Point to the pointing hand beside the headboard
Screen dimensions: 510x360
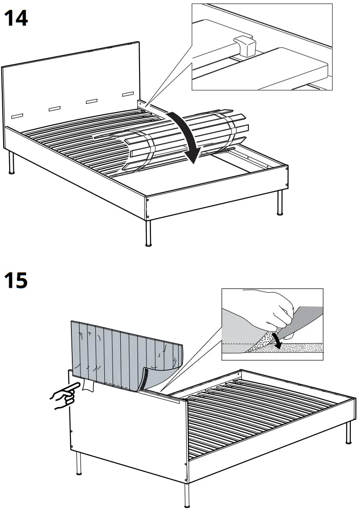point(64,396)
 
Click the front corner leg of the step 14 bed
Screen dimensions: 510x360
point(148,233)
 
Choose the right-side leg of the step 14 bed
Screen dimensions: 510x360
point(280,204)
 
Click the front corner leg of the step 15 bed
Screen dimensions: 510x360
point(187,494)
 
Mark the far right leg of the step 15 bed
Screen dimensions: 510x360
point(348,433)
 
